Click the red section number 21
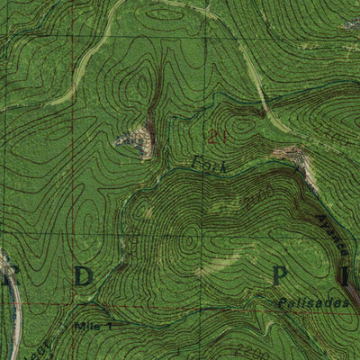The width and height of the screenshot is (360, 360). click(213, 137)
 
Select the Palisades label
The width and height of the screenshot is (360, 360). click(320, 303)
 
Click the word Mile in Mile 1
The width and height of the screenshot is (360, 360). click(88, 325)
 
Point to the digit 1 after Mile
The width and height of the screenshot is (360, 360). click(109, 325)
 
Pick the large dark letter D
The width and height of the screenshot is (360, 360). click(83, 277)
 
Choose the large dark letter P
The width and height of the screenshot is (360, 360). click(281, 274)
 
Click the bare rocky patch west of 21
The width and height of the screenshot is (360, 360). click(138, 140)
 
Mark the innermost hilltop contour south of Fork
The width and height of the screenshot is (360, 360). click(189, 240)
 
